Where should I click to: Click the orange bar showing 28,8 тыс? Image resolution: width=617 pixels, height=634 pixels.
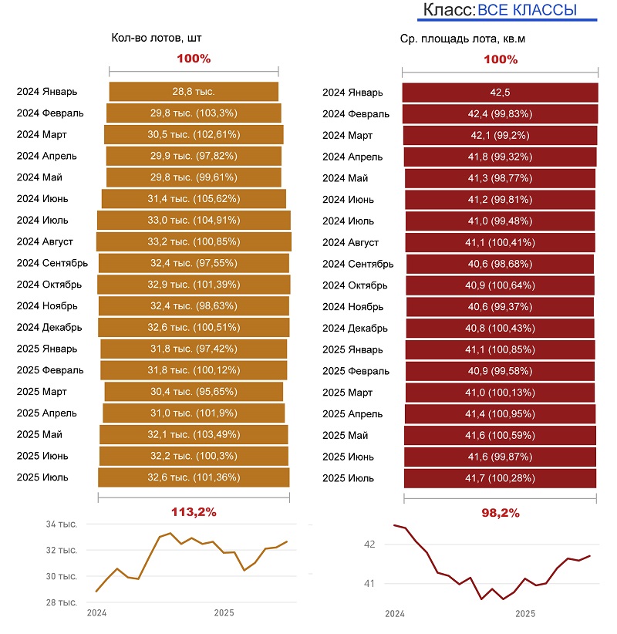tap(194, 91)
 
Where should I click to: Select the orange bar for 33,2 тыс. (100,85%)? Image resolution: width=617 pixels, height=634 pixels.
tap(194, 241)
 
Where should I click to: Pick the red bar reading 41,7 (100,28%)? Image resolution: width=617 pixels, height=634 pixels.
tap(501, 478)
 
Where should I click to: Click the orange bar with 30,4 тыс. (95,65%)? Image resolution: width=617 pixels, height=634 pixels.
tap(194, 392)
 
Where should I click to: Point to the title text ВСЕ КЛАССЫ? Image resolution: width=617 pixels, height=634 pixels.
tap(527, 10)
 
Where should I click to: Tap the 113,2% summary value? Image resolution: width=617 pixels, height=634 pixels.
tap(194, 511)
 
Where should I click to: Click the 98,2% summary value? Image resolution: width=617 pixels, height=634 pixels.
tap(501, 512)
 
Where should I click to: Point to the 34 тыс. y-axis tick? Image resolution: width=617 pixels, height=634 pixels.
tap(62, 525)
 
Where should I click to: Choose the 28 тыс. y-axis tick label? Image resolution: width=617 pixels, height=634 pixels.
tap(62, 602)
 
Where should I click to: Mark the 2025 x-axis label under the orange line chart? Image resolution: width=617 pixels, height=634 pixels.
tap(224, 614)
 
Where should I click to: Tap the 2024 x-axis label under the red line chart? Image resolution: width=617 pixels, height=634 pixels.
tap(395, 615)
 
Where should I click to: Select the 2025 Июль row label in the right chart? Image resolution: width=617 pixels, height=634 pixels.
tap(348, 478)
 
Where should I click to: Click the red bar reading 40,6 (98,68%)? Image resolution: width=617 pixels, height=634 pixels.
tap(500, 264)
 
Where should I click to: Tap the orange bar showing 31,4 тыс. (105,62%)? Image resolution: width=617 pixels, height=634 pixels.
tap(194, 199)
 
